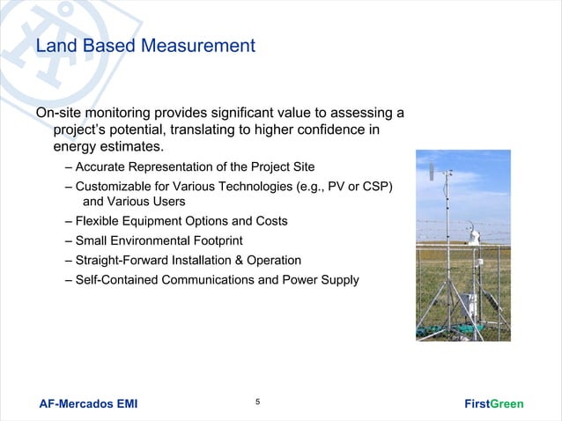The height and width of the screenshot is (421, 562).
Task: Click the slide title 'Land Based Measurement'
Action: click(145, 45)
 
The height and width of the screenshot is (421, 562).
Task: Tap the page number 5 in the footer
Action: click(257, 403)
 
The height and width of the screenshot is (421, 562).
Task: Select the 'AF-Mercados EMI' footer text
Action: click(88, 404)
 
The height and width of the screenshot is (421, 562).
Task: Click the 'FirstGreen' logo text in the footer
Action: click(493, 404)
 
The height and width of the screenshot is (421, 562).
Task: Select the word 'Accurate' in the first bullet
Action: click(100, 166)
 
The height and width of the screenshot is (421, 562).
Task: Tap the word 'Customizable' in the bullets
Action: click(114, 186)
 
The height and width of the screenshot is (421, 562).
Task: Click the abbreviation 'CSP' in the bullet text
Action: click(376, 186)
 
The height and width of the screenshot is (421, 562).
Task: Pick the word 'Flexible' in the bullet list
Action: click(98, 220)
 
